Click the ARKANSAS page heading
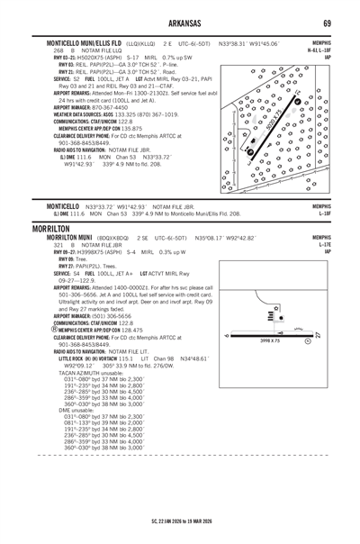tap(180, 22)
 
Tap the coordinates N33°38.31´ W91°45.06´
tap(248, 43)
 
